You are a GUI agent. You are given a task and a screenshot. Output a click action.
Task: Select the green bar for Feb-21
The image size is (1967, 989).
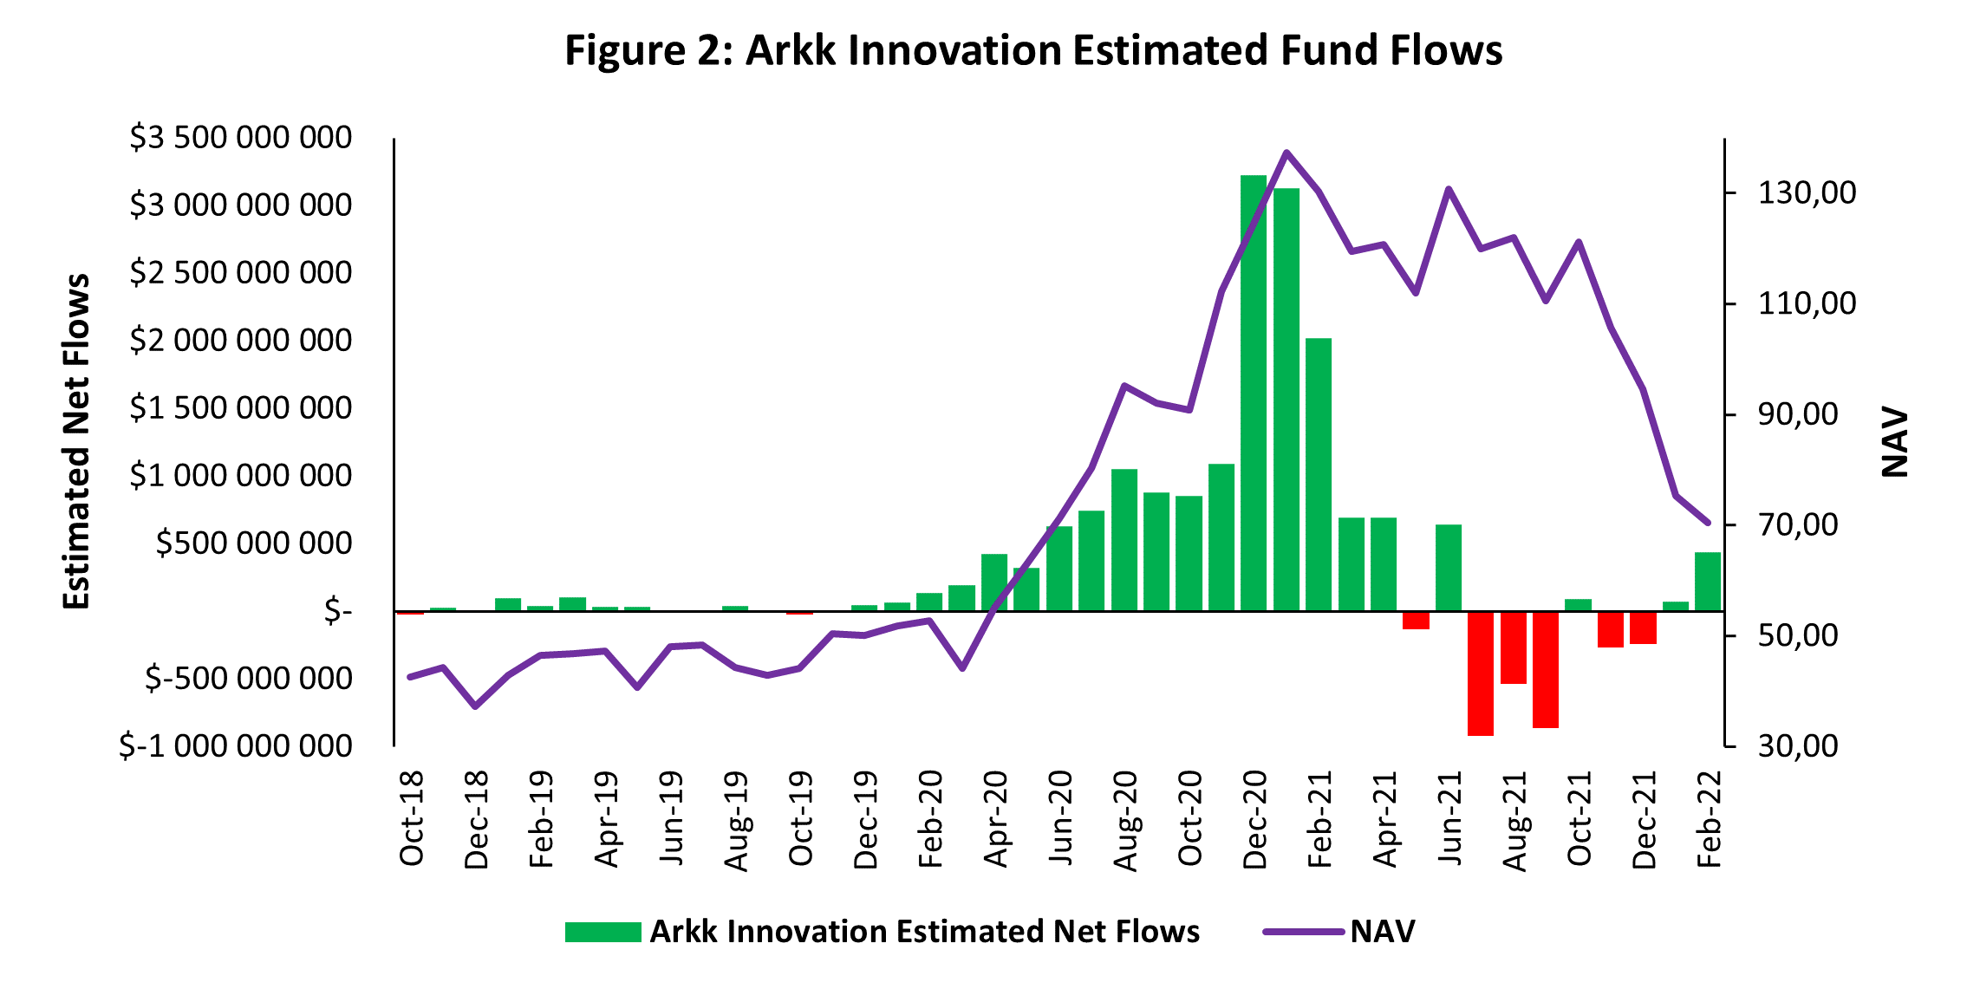[1319, 474]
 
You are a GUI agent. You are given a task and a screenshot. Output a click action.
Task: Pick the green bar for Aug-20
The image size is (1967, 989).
[1124, 539]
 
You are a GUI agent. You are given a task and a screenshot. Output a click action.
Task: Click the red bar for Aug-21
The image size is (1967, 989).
[1513, 647]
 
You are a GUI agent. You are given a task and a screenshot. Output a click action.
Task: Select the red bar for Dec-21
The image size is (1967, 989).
[1643, 628]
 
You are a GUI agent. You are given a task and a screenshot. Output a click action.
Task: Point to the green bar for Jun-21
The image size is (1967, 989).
[1449, 567]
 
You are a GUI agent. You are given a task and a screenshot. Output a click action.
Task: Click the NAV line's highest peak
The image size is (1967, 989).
[1286, 153]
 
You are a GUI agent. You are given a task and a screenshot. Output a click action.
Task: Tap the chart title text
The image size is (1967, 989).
[1033, 50]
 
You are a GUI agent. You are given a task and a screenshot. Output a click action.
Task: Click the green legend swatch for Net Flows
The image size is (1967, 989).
[602, 932]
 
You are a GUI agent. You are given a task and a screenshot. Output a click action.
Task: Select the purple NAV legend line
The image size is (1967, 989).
[1303, 932]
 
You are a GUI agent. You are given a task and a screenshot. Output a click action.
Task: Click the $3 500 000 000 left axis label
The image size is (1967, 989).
[240, 138]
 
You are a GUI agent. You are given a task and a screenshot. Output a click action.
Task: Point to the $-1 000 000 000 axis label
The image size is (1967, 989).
[235, 746]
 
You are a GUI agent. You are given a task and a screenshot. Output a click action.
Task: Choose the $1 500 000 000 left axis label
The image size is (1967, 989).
[240, 408]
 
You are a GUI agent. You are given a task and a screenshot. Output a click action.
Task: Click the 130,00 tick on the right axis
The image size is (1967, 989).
[1807, 192]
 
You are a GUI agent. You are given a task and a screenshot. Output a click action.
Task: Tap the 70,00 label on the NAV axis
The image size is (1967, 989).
[1798, 524]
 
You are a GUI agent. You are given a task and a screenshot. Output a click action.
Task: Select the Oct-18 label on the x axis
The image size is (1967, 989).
[412, 818]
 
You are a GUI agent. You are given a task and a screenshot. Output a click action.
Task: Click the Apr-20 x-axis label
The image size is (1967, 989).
[996, 818]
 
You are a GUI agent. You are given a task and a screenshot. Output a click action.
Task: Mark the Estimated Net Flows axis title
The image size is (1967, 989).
[76, 442]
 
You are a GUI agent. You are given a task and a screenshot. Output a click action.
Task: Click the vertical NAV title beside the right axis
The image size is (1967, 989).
[1895, 442]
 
